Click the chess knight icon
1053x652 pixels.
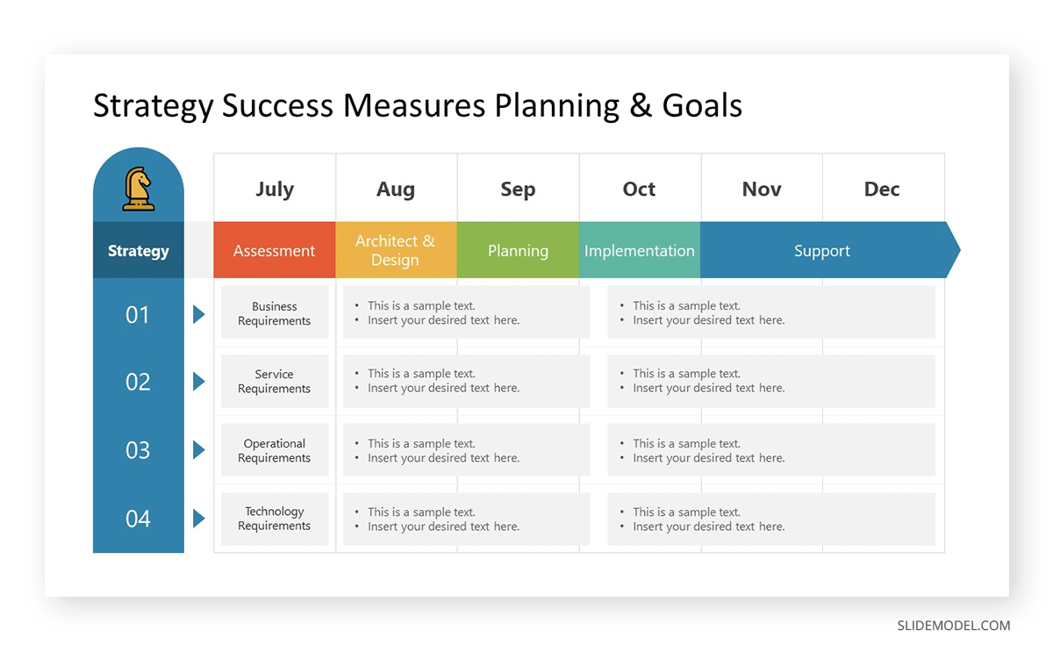138,189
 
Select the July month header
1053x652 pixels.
275,189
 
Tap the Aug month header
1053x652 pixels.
396,189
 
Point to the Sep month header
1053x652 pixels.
518,189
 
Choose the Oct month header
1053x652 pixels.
639,189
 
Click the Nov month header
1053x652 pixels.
761,189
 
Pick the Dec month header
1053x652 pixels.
882,189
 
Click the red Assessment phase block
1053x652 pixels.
274,251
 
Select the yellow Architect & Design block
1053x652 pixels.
396,251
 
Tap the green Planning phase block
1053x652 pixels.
518,251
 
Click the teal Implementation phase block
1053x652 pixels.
639,251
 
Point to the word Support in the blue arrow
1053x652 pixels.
822,251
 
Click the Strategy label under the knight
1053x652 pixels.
138,251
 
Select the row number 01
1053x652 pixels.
138,314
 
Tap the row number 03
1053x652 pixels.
138,450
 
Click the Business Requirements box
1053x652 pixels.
275,313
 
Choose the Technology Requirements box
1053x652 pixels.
275,519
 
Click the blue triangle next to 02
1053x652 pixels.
198,382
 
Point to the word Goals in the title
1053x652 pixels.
702,105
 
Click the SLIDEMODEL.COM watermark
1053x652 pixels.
953,626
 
